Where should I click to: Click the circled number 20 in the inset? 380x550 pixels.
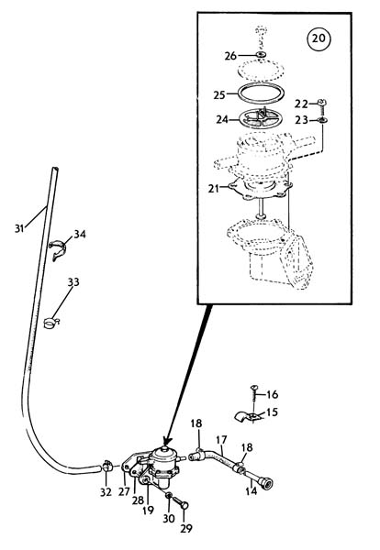319,38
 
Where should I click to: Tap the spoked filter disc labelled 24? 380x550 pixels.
261,120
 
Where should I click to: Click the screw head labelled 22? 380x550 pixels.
321,103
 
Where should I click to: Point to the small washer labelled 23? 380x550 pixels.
322,120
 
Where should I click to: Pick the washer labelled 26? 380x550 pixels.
261,54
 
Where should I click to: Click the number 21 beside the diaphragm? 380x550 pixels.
213,189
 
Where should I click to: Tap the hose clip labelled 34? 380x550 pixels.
58,249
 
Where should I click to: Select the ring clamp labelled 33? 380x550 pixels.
51,323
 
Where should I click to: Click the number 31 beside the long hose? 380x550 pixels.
19,228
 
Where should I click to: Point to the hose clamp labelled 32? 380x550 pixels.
107,467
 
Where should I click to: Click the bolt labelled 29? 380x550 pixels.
181,503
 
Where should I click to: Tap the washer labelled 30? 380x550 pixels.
169,496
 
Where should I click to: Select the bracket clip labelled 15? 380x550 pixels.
249,416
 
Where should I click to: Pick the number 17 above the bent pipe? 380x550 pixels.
221,440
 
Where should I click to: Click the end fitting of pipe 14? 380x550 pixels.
268,484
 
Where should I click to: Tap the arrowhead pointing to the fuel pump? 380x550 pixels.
166,440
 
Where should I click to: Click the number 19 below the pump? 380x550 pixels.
148,510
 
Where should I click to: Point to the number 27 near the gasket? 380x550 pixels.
124,491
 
